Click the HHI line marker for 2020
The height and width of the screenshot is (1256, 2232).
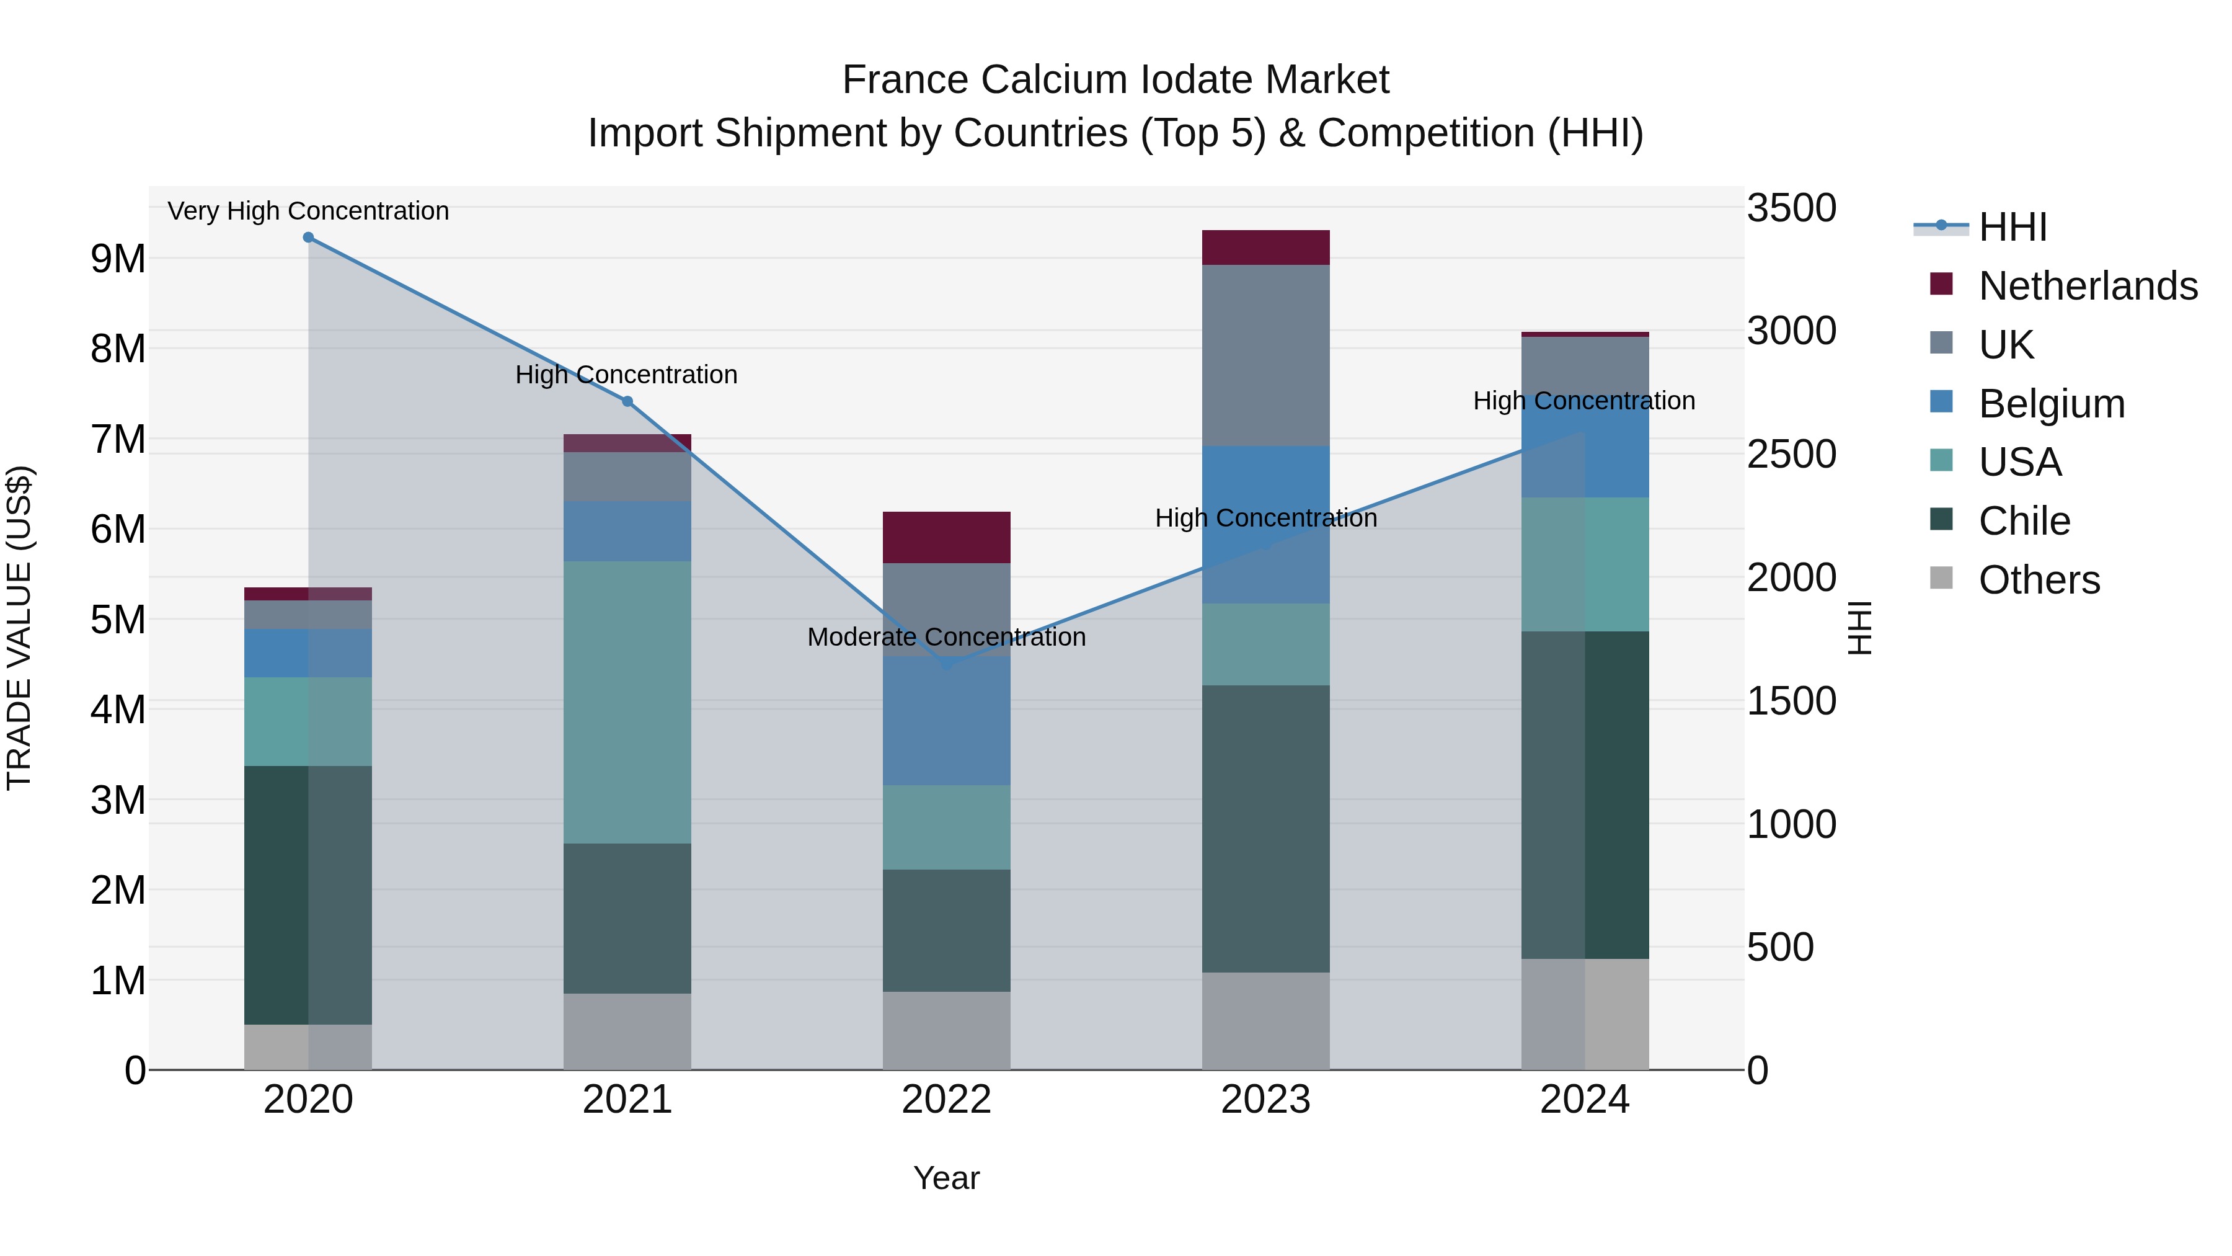309,238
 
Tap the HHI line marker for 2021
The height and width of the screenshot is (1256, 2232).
627,401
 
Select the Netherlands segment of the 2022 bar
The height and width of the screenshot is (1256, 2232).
946,537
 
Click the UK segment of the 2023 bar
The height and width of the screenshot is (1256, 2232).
1265,355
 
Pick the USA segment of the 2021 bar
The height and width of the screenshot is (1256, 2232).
627,702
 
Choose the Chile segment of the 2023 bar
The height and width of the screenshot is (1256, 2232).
1265,829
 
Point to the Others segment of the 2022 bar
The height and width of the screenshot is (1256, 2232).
946,1031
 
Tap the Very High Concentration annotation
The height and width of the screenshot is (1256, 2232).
309,212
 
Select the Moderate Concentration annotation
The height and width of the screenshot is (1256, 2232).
946,637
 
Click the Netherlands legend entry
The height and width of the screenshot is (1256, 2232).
2088,286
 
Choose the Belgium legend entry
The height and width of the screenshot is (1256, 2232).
2051,404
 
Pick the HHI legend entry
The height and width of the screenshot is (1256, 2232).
2012,227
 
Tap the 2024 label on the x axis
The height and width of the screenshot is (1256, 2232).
1585,1100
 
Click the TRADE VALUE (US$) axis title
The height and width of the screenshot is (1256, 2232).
19,628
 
